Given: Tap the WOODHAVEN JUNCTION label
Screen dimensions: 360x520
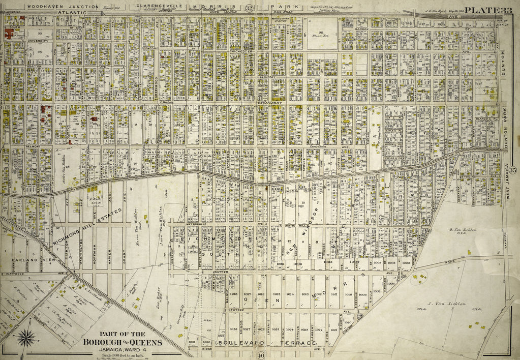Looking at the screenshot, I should pos(49,7).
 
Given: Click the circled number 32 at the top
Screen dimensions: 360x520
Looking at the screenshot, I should pos(249,7).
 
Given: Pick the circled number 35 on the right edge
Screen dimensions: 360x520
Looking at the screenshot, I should pos(513,169).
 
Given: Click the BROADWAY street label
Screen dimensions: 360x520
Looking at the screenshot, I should pos(269,103).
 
